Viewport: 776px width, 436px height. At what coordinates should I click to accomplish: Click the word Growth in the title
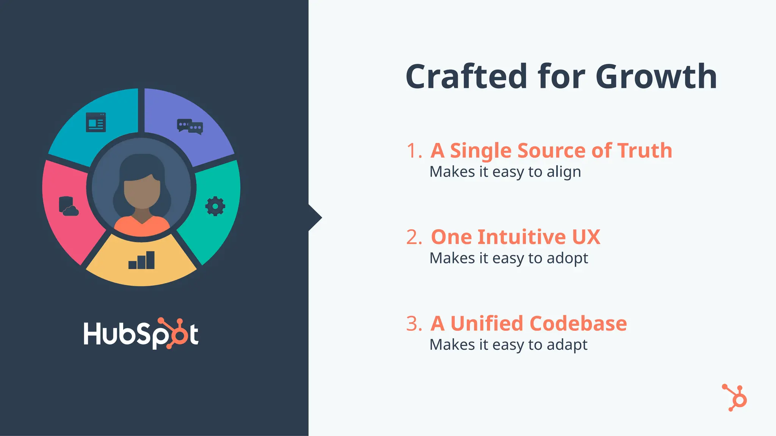coord(656,76)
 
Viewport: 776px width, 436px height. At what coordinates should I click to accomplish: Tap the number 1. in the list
coord(414,151)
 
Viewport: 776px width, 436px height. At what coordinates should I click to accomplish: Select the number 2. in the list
coord(414,237)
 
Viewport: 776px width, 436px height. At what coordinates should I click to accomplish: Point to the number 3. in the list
coord(414,324)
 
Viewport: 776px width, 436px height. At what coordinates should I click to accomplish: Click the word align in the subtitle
coord(564,172)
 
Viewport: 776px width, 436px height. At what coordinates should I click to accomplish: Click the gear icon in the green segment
coord(215,206)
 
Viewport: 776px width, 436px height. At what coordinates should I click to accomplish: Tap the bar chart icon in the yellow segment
coord(141,260)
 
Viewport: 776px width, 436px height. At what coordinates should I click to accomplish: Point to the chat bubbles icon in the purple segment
coord(190,126)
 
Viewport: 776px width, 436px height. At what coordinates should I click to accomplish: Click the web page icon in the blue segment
coord(96,122)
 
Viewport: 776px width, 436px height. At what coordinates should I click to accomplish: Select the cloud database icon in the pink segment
coord(68,206)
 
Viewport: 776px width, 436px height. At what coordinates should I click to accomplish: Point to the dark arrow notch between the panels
coord(314,218)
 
